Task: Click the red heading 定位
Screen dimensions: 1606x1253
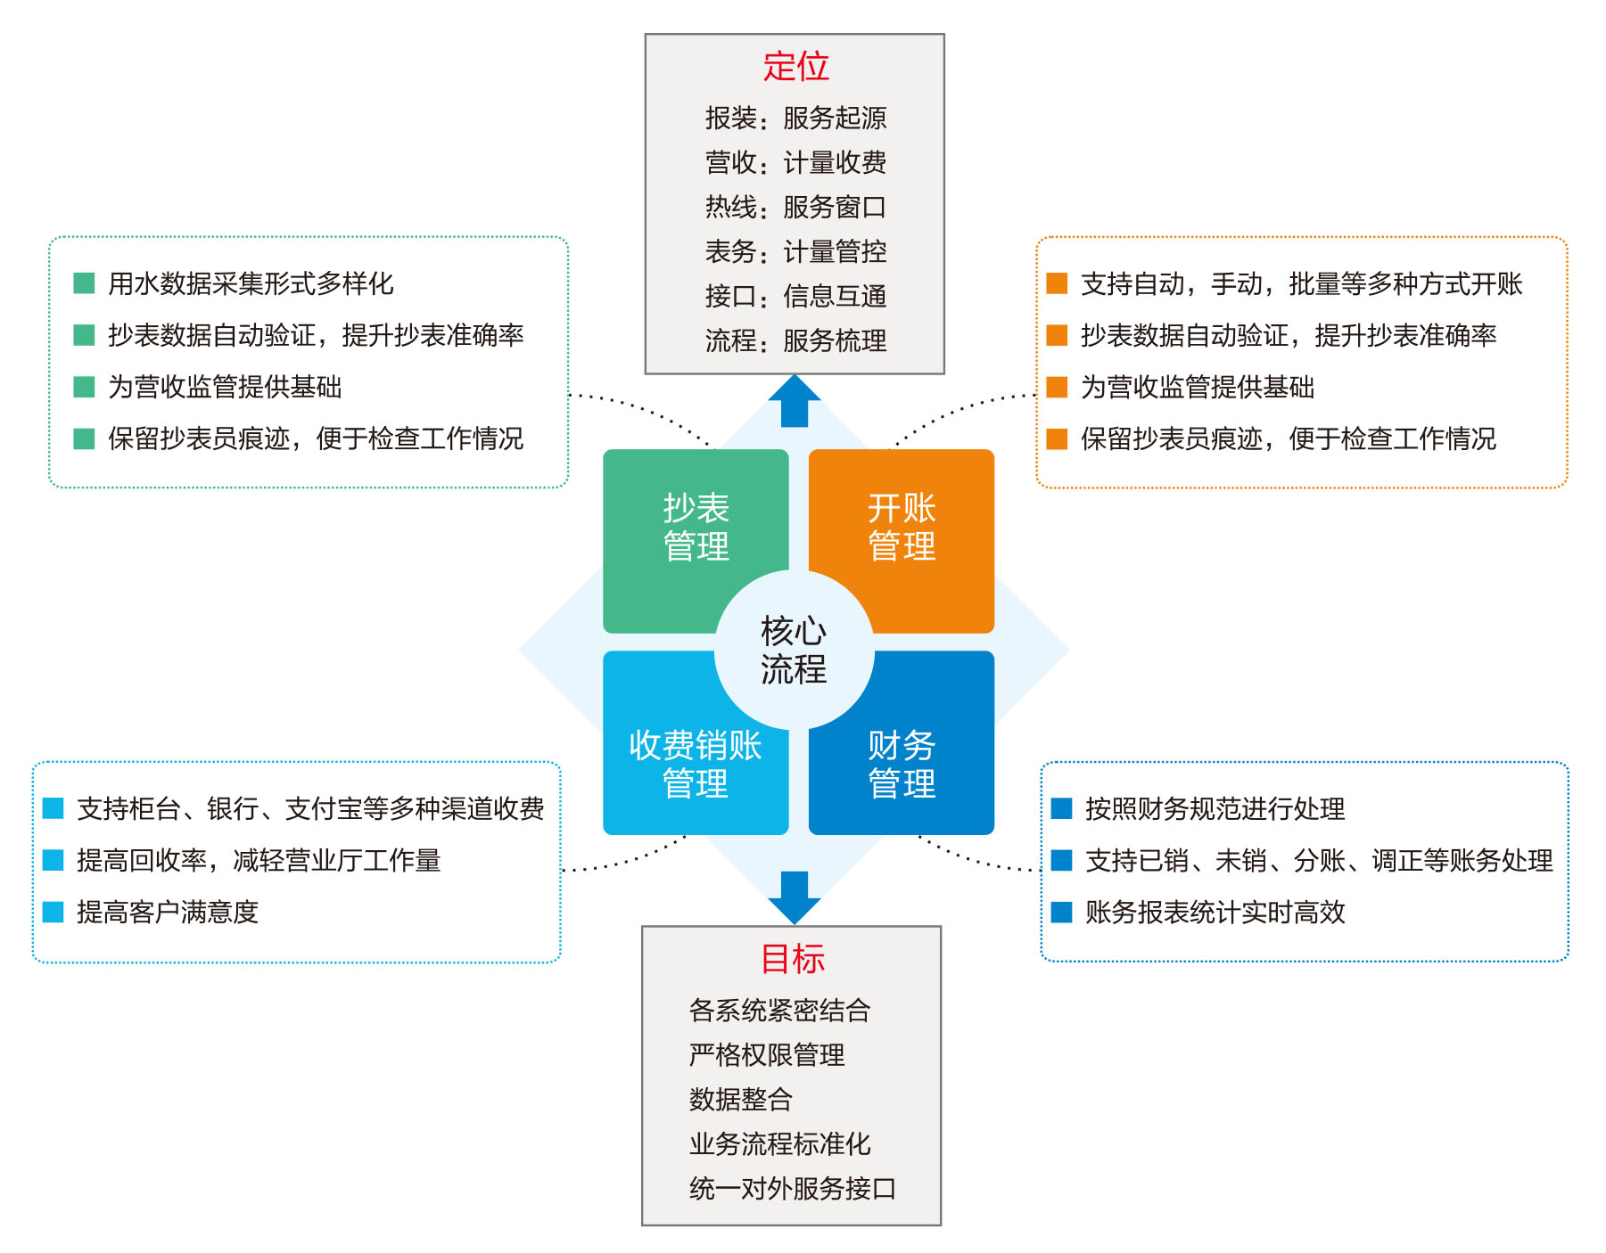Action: [795, 67]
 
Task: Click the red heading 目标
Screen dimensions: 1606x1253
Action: [793, 959]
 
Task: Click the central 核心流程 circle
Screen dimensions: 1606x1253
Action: [795, 650]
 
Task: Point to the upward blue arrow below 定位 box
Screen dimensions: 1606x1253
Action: [795, 401]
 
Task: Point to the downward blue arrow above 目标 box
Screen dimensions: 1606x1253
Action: [795, 897]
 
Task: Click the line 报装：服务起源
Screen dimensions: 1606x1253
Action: [795, 118]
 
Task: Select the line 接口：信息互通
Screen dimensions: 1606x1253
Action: [795, 296]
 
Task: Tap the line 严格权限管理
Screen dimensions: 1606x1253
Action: [767, 1055]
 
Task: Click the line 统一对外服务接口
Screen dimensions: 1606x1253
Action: [793, 1189]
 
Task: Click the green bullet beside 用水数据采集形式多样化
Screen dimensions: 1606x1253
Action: [84, 283]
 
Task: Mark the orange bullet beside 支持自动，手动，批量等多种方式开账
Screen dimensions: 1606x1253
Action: [1057, 283]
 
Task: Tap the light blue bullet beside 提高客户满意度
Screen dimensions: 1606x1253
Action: [54, 912]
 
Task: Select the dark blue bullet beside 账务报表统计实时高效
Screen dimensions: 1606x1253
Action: [1062, 912]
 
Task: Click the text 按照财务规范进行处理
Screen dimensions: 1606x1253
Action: [1215, 809]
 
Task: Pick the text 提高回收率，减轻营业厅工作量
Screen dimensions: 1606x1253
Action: [259, 861]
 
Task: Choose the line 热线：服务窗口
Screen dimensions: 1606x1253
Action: [795, 207]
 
